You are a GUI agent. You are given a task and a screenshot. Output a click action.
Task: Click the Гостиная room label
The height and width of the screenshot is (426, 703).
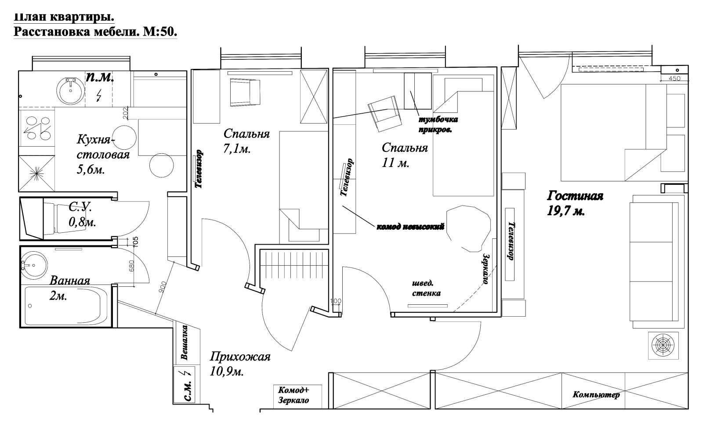[575, 196]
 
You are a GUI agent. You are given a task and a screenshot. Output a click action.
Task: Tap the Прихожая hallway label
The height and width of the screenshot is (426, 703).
[240, 357]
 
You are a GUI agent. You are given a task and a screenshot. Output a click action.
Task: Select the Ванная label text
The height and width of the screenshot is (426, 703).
[70, 281]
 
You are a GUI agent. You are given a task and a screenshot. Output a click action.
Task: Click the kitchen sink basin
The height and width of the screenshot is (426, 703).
[71, 90]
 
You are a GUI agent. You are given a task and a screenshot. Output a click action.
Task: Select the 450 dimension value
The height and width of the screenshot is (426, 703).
[674, 79]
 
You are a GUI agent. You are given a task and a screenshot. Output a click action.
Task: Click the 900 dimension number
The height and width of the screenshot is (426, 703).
[163, 287]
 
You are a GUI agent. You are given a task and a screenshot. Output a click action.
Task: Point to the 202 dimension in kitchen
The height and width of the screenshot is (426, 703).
[125, 113]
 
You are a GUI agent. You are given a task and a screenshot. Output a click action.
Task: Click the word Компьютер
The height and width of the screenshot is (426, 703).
[596, 394]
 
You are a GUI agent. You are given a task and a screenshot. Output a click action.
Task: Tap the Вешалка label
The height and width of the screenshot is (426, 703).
[185, 342]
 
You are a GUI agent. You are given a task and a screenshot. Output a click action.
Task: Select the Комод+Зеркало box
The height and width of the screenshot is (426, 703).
[297, 397]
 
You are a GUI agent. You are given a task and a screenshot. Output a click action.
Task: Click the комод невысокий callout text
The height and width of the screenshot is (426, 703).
[410, 227]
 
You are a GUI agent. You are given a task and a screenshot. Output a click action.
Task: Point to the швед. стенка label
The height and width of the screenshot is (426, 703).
[426, 288]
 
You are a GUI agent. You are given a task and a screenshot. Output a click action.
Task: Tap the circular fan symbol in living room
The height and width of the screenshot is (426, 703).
[663, 345]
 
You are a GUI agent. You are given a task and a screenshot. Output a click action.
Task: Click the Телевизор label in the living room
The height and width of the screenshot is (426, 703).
[511, 241]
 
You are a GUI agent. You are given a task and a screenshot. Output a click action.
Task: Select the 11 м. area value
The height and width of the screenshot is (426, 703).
[395, 163]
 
